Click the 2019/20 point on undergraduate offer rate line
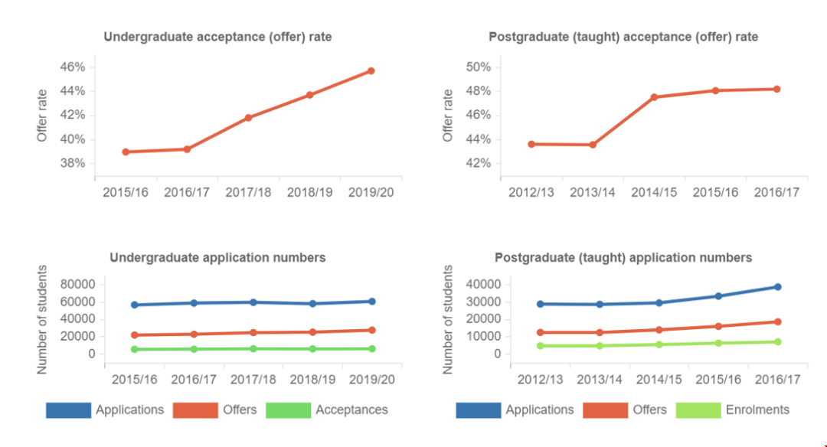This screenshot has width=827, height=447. [371, 71]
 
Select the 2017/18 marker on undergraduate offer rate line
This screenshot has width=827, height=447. [249, 118]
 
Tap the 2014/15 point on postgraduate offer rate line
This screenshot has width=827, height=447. [655, 97]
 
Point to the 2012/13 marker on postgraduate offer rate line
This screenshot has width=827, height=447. [531, 144]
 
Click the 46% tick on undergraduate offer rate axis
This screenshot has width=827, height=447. [73, 67]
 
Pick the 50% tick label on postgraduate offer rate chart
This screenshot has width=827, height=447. [479, 67]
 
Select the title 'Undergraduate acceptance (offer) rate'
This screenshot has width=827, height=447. [218, 37]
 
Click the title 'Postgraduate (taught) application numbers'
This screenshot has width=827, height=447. [623, 258]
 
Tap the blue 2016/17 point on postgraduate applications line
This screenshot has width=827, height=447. [777, 287]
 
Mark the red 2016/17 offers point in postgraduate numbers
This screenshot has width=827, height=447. [777, 321]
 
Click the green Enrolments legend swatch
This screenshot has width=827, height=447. [698, 410]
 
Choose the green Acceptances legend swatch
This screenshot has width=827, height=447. [289, 410]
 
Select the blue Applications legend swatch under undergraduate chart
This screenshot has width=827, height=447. [68, 410]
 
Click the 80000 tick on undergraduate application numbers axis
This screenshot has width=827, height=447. [76, 285]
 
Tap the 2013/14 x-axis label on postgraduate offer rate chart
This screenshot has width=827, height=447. [593, 192]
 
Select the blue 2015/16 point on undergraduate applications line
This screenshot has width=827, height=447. [135, 305]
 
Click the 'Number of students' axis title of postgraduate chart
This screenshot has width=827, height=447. [449, 319]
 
